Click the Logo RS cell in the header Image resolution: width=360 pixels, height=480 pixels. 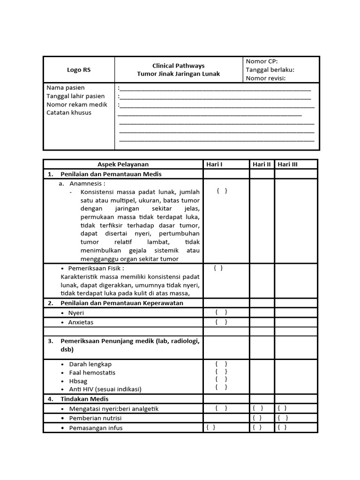[79, 70]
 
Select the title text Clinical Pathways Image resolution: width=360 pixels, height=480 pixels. [178, 66]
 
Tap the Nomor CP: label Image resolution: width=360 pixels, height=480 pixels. [262, 61]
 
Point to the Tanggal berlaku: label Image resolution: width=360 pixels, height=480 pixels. [270, 70]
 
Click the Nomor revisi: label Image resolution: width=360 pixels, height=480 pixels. [266, 78]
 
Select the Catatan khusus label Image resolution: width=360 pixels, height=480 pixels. [69, 112]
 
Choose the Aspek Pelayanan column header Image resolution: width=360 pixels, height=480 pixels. [123, 164]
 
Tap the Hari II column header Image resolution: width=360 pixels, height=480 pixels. [262, 164]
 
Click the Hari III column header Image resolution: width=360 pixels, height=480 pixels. [287, 164]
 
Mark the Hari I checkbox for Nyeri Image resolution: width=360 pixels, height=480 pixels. [221, 312]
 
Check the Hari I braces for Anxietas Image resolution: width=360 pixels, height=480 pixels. [221, 322]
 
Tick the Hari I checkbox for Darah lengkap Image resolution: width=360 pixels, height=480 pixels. [221, 364]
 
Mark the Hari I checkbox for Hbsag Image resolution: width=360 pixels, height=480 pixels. [221, 379]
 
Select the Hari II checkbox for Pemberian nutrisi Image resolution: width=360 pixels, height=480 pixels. [258, 418]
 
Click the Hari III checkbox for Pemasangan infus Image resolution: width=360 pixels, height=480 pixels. [282, 427]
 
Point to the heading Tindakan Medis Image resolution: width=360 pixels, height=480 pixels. [84, 399]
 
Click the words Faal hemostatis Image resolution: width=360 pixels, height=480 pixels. [92, 373]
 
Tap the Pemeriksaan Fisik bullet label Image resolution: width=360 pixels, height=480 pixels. [96, 269]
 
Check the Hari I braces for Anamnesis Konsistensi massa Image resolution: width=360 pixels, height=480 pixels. [222, 191]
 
